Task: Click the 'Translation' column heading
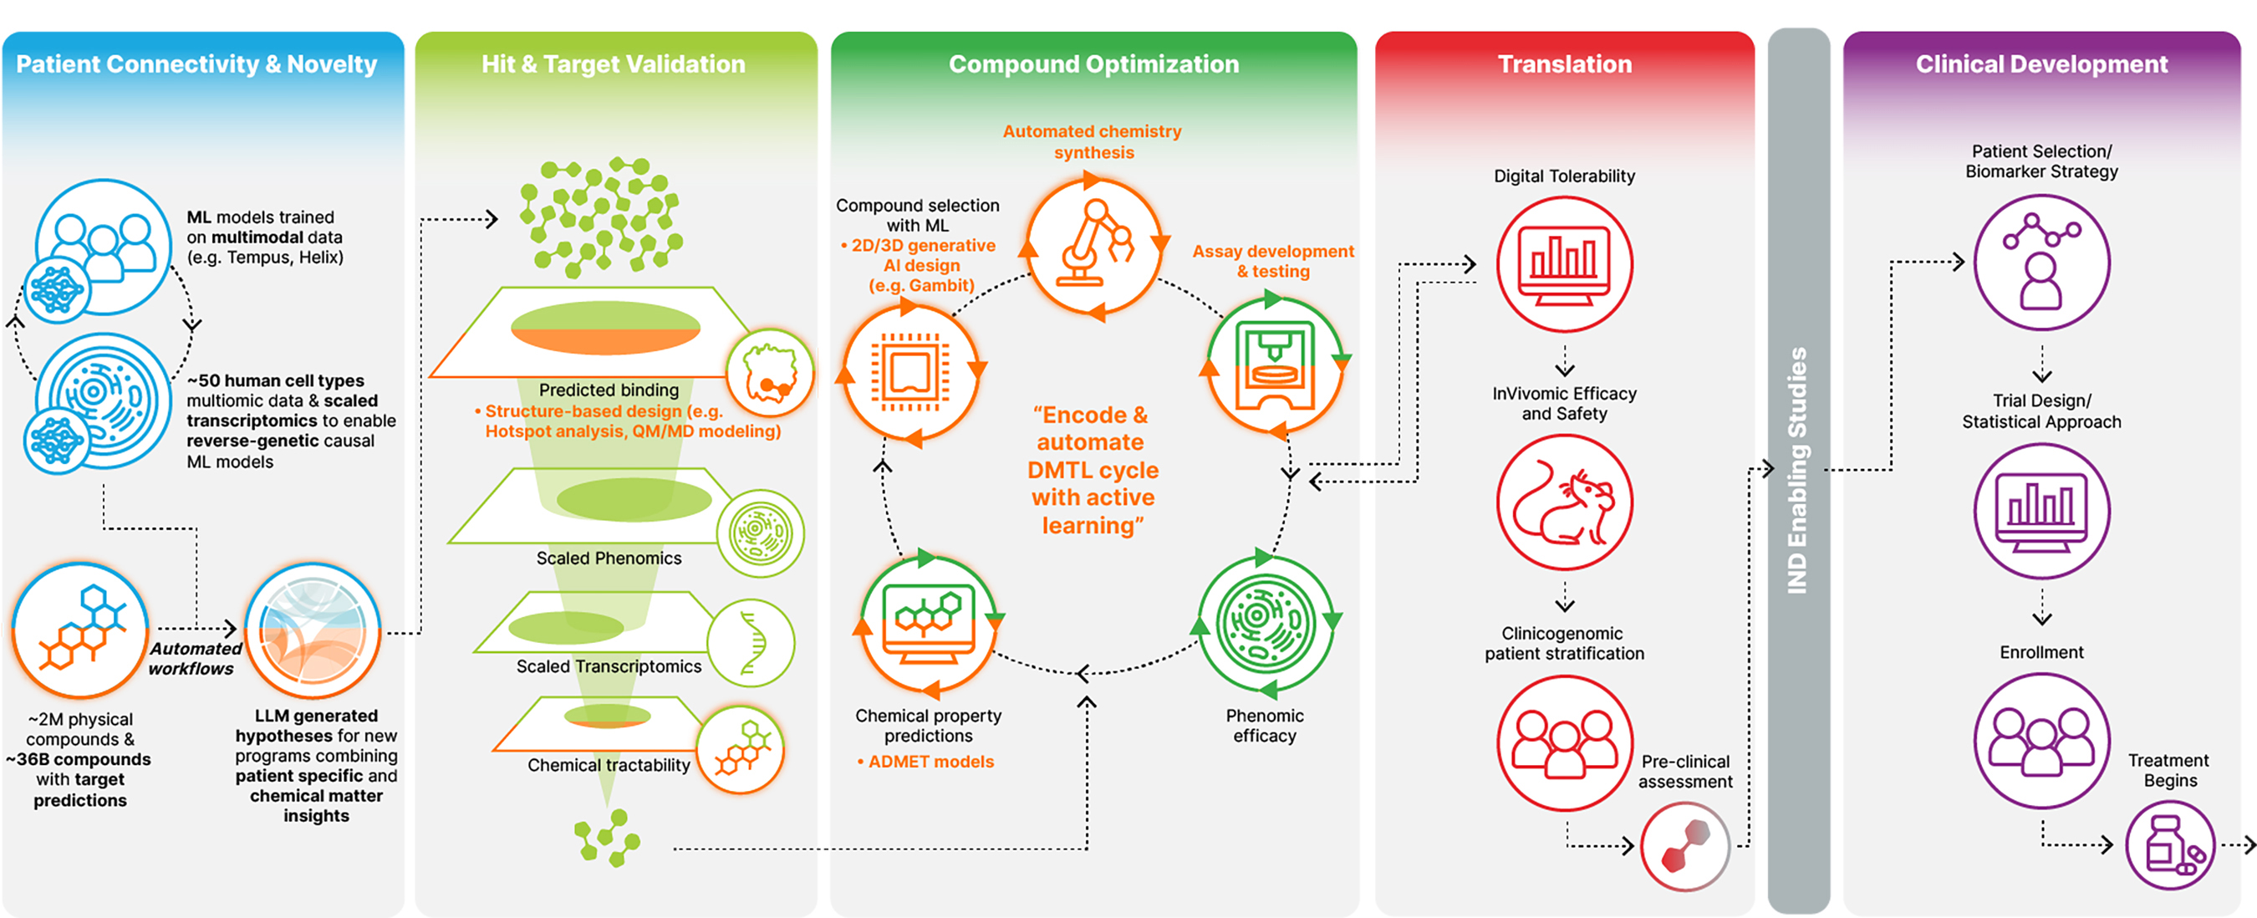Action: pos(1564,64)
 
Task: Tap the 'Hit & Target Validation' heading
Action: pos(614,64)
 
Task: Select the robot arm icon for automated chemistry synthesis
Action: pos(1094,246)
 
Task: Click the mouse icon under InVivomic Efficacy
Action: pos(1564,503)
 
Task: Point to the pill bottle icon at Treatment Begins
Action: pos(2169,846)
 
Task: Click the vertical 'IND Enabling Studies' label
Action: pos(1797,471)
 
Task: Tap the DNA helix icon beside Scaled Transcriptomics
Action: pos(751,643)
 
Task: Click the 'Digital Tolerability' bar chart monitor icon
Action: pos(1564,263)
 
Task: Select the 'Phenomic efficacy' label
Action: pos(1264,727)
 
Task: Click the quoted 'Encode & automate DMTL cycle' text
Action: pos(1092,470)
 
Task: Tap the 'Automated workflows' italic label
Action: pos(194,659)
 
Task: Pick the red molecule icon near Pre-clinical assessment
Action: pos(1685,846)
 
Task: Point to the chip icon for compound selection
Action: pos(910,372)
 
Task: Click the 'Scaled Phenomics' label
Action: pos(608,558)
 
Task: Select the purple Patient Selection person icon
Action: pos(2041,262)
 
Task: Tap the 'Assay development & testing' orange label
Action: pos(1272,261)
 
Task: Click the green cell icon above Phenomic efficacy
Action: pos(1264,622)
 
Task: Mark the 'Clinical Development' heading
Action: pos(2041,64)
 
